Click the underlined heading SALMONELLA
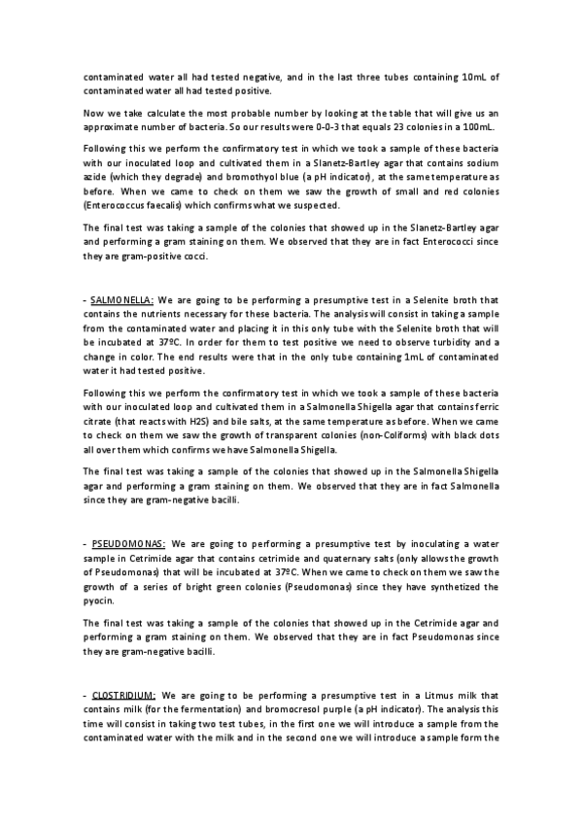(116, 300)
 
